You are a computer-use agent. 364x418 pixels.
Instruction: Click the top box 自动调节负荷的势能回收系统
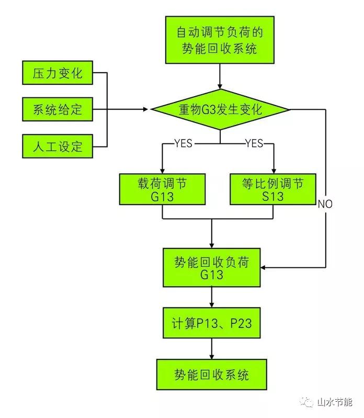[x=220, y=40]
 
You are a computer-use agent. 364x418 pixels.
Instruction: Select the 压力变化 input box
[x=58, y=72]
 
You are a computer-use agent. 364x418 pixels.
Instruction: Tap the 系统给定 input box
[x=58, y=109]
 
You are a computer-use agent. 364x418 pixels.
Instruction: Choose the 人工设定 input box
[x=58, y=146]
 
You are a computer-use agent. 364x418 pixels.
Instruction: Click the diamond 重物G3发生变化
[x=220, y=110]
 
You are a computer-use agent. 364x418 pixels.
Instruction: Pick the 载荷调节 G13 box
[x=162, y=189]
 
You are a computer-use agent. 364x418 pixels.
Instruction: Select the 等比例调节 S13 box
[x=274, y=189]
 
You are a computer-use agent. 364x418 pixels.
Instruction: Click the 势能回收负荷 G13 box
[x=212, y=268]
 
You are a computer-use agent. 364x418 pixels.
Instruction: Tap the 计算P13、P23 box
[x=212, y=323]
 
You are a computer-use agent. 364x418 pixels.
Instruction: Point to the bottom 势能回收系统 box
[x=212, y=375]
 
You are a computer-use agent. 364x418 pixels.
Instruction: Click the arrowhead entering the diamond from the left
[x=146, y=109]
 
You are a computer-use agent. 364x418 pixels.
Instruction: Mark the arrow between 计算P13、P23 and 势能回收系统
[x=212, y=349]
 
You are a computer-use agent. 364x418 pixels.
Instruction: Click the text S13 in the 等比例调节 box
[x=273, y=196]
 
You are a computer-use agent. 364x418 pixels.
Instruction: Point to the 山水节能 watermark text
[x=335, y=402]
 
